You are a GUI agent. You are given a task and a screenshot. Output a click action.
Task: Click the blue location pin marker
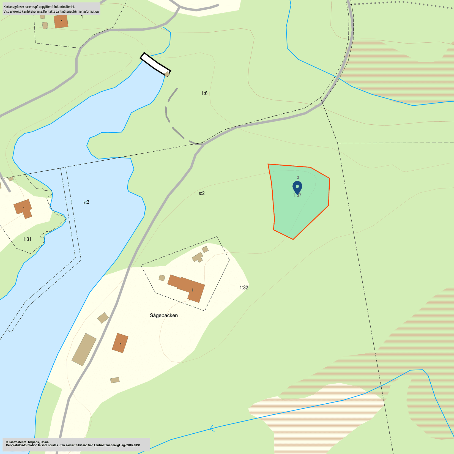tap(297, 187)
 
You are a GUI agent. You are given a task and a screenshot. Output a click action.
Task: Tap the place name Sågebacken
tap(164, 315)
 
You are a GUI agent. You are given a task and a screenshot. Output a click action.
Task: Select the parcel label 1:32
tap(244, 288)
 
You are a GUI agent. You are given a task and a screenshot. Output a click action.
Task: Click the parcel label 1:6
tap(204, 93)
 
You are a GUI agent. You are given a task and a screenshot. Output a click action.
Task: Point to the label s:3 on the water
tap(86, 202)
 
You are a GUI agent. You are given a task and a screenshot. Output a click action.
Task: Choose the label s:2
tap(202, 193)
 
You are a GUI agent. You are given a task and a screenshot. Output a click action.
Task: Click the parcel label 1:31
tap(27, 239)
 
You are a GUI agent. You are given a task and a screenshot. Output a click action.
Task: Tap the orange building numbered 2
tap(120, 343)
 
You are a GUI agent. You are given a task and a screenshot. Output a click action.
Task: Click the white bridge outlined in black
tap(155, 64)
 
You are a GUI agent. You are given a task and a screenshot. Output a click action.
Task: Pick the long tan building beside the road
tap(84, 349)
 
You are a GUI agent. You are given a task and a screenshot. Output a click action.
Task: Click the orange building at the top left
tap(61, 21)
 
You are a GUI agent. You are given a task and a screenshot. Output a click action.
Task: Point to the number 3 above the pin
tap(298, 177)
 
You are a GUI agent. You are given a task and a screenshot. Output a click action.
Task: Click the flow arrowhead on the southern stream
tap(212, 428)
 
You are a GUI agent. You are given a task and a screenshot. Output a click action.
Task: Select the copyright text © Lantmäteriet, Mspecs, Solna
tap(27, 442)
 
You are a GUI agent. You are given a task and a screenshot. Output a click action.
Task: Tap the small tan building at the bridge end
tap(167, 74)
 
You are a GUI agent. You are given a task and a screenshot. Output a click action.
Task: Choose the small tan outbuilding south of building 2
tap(115, 380)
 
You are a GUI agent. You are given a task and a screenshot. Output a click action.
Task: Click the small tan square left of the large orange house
tap(162, 278)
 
